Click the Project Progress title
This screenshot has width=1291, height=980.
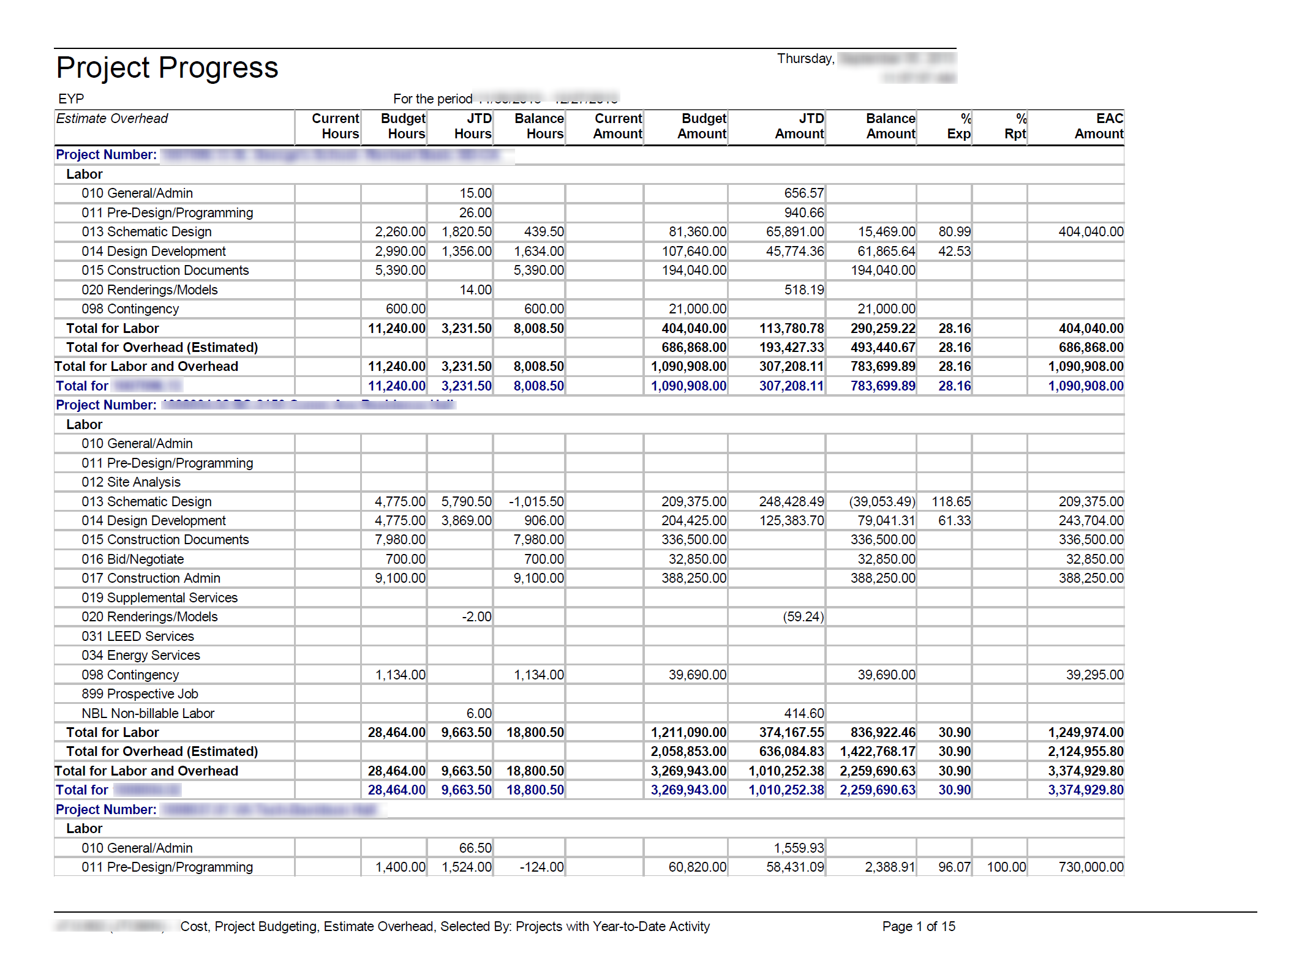(x=167, y=67)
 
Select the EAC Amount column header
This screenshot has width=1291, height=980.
(x=1099, y=126)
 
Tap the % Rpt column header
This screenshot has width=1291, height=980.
(x=1015, y=126)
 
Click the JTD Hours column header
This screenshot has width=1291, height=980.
(x=473, y=126)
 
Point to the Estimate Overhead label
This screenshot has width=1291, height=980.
(x=112, y=119)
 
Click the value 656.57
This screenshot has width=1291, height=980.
(x=804, y=193)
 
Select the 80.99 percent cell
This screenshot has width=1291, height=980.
(x=954, y=232)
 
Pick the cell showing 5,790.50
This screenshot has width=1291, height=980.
(x=466, y=502)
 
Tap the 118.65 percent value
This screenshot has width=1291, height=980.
(x=951, y=502)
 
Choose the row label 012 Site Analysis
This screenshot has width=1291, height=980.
(x=131, y=482)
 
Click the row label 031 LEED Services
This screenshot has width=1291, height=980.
(x=138, y=637)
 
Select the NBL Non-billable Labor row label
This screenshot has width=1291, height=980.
(x=148, y=714)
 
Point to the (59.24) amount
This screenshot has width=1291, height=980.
(x=803, y=617)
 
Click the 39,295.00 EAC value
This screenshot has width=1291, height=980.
(x=1094, y=675)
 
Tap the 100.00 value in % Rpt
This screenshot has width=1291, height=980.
(x=1006, y=867)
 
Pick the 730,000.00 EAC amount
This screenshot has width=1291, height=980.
(x=1091, y=867)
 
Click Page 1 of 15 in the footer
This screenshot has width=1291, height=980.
(x=919, y=927)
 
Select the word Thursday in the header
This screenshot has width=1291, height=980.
(x=805, y=59)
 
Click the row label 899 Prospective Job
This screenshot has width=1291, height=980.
(x=140, y=694)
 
